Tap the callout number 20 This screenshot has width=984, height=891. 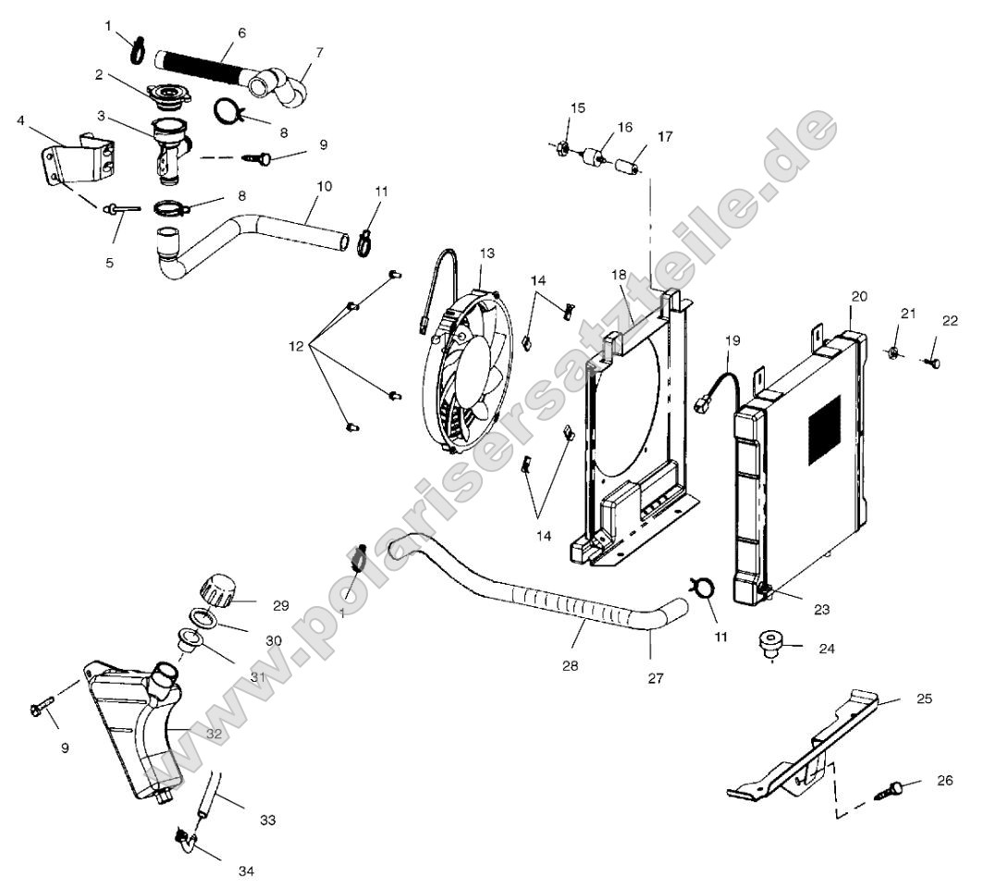tap(859, 296)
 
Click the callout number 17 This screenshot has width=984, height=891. tap(665, 137)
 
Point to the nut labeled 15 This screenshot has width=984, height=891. tap(563, 147)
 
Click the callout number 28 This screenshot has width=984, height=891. tap(570, 665)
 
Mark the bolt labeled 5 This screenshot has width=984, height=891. tap(121, 210)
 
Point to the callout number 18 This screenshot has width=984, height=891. tap(619, 275)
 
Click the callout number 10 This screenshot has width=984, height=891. tap(323, 186)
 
